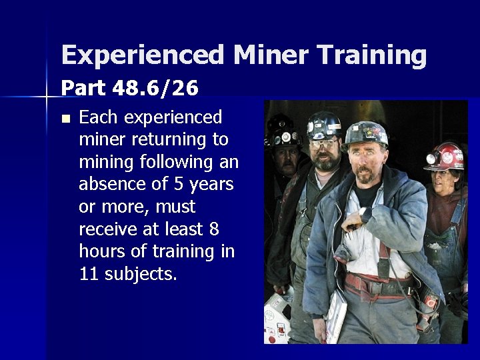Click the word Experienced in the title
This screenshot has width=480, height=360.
142,55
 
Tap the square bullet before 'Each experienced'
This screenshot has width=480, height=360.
65,119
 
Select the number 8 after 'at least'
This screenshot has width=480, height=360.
213,229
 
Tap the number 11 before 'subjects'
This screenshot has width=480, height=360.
89,273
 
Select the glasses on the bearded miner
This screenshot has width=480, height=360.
322,143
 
